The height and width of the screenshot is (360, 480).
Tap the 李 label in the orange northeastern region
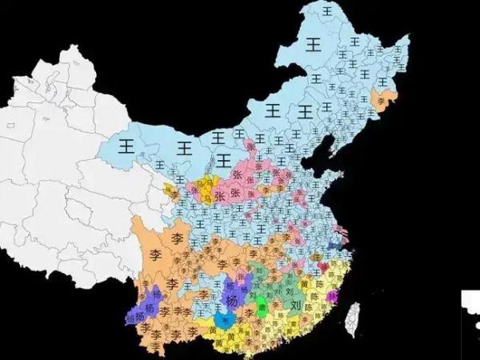(381, 99)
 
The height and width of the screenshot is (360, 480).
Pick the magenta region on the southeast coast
(334, 298)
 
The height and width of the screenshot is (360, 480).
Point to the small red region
(323, 265)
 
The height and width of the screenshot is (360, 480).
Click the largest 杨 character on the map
(232, 300)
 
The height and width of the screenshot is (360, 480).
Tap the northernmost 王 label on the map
(326, 11)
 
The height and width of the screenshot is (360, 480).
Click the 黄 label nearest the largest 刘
(305, 285)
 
